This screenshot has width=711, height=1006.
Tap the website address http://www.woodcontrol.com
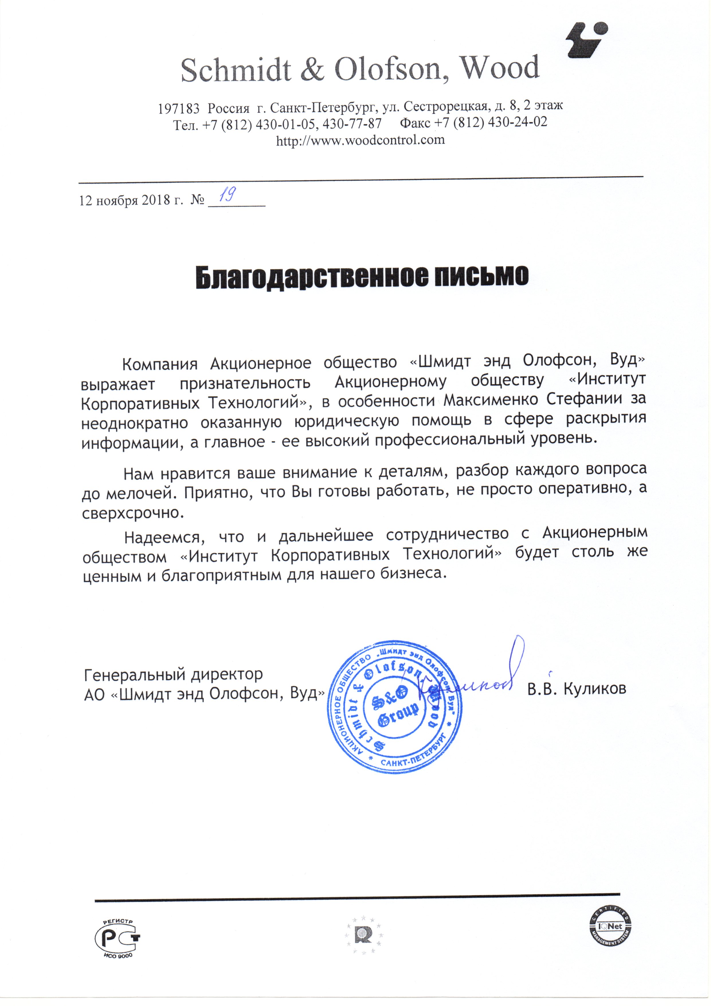coord(360,140)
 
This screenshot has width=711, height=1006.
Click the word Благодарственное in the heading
coord(311,276)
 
